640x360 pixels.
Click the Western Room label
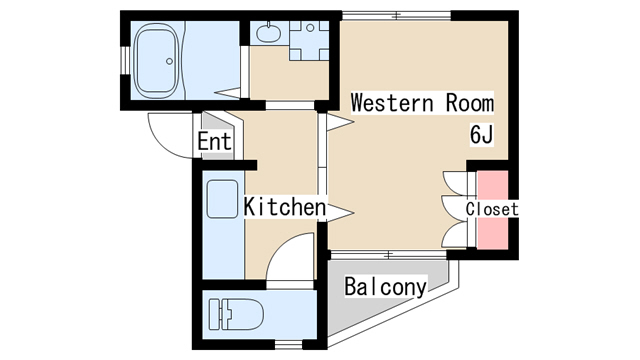(x=422, y=102)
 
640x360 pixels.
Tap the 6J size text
(x=482, y=135)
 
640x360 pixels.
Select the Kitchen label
(x=285, y=207)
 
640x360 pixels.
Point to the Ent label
(x=214, y=142)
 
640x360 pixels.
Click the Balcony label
(x=385, y=287)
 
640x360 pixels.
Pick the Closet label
(x=492, y=209)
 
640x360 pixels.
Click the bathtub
(x=157, y=60)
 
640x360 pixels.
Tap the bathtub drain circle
(x=169, y=61)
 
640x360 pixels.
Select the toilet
(x=236, y=314)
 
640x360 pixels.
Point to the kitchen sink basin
(x=222, y=199)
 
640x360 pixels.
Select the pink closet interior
(x=493, y=210)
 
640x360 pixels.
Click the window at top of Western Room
(x=396, y=16)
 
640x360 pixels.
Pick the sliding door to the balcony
(x=388, y=255)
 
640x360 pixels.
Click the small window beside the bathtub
(x=125, y=61)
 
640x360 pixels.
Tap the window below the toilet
(x=288, y=345)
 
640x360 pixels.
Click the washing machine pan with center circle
(x=309, y=40)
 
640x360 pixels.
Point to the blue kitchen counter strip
(x=223, y=225)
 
